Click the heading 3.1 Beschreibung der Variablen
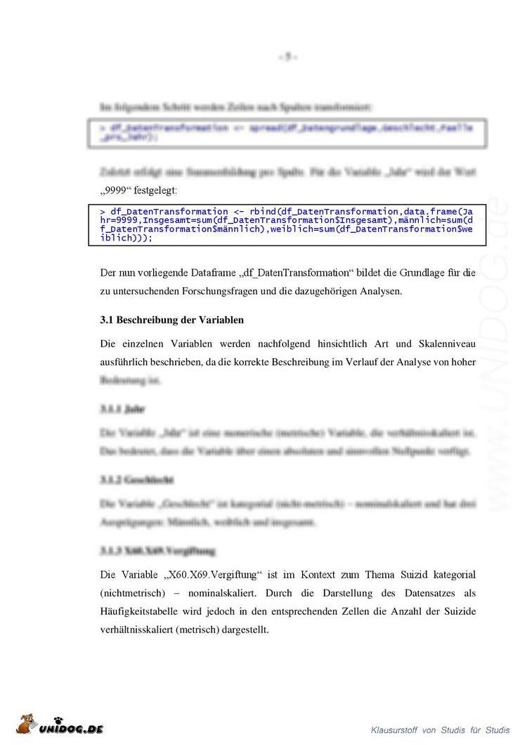172,319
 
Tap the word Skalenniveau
443,343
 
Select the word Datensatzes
429,593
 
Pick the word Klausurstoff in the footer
394,730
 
